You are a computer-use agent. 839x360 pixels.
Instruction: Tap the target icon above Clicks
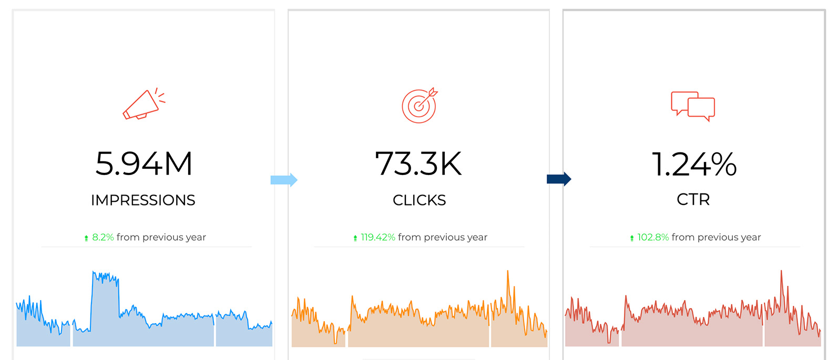419,105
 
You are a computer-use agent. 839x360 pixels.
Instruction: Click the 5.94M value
144,163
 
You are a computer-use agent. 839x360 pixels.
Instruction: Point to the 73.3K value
418,163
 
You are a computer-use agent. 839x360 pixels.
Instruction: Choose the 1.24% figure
694,164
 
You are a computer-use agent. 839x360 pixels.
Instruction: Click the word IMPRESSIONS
143,200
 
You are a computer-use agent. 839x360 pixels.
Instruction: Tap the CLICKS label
419,200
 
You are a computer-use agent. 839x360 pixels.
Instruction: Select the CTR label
693,200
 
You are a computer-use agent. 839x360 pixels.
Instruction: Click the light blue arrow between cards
284,180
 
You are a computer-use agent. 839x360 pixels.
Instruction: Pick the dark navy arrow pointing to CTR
559,179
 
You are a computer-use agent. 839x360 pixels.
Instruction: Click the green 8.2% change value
103,238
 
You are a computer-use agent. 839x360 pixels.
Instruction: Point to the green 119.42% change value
378,238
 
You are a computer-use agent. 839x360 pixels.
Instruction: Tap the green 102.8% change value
653,238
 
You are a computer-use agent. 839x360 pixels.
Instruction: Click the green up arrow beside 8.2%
86,239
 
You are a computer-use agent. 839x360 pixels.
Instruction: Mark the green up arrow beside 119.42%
355,239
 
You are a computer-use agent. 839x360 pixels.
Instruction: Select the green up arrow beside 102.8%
632,239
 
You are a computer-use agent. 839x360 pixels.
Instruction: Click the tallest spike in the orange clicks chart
508,272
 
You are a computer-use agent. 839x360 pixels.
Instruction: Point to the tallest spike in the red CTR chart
781,272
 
